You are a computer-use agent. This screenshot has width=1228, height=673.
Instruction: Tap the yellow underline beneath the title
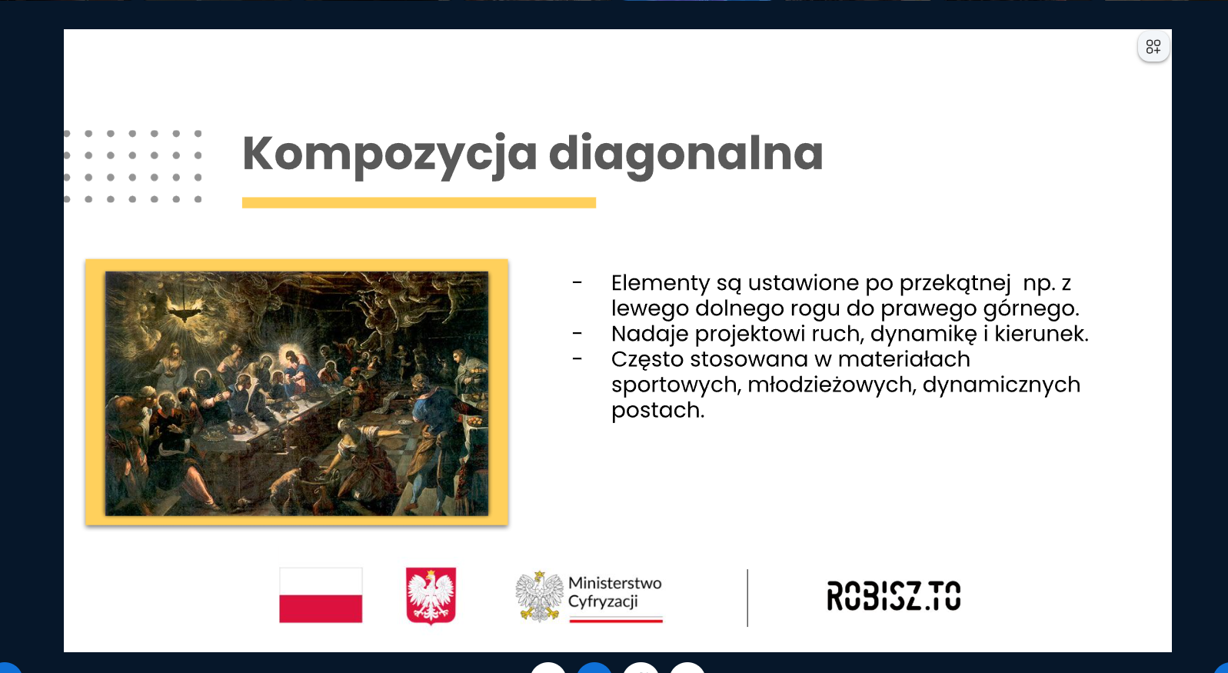tap(419, 203)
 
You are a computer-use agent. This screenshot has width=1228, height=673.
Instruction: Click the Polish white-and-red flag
tap(321, 595)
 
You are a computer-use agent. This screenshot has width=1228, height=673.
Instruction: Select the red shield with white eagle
tap(431, 595)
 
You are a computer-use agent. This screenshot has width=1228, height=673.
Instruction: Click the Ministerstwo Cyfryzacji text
tap(615, 591)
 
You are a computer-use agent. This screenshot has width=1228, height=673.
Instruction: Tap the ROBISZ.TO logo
tap(894, 595)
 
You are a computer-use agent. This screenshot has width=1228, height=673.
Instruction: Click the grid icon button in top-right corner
tap(1153, 47)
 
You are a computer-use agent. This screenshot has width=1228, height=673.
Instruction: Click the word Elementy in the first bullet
tap(661, 284)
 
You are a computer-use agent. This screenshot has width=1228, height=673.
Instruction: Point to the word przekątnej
tap(955, 284)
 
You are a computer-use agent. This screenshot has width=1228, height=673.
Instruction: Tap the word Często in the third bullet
tap(647, 360)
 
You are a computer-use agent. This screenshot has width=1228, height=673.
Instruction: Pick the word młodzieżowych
tap(832, 385)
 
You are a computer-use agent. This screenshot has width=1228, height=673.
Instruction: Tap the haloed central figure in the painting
tap(295, 368)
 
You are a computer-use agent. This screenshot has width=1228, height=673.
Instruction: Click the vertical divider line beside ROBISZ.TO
tap(747, 598)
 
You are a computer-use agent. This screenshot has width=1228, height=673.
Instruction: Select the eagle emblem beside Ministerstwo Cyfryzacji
tap(540, 595)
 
